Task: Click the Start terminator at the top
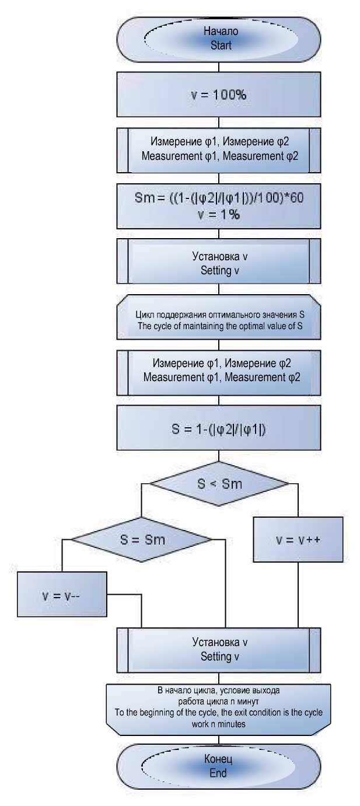point(218,39)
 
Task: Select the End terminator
point(218,766)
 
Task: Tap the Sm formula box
point(218,206)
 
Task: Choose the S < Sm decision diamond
point(219,483)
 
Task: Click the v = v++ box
point(298,540)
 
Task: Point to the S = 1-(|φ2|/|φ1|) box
point(218,429)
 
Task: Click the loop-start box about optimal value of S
point(218,319)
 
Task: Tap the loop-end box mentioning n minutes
point(218,707)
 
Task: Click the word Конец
point(218,760)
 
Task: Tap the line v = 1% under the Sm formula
point(218,215)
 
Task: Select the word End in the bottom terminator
point(218,772)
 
